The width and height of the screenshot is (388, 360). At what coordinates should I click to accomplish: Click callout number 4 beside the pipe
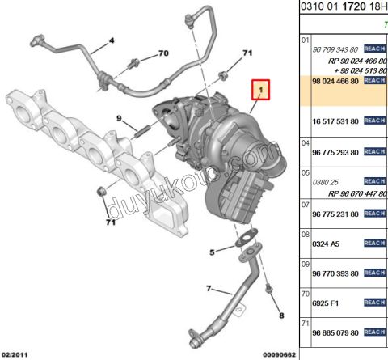coord(112,40)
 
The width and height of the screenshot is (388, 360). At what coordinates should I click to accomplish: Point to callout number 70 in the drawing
coord(162,53)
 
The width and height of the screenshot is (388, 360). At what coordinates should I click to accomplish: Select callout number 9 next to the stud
coord(118,120)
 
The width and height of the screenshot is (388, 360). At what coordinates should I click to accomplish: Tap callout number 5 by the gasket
coord(211,252)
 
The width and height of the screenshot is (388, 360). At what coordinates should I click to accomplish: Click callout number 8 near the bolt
coord(280,315)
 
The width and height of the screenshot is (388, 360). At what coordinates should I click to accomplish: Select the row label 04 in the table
coord(305,142)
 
